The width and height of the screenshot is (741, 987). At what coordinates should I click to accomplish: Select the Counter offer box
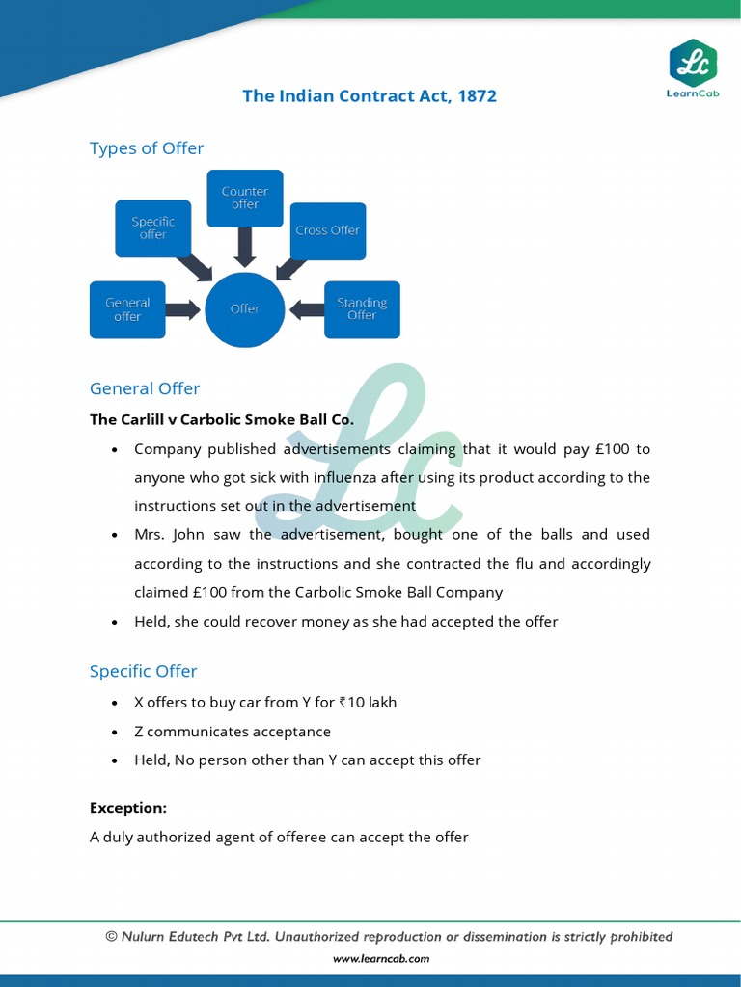245,198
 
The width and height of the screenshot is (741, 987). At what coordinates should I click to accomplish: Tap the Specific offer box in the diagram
152,228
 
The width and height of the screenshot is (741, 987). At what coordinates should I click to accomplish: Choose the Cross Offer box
327,230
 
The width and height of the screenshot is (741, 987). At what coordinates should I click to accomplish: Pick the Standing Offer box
362,309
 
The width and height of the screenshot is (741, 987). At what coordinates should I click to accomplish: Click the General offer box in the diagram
127,309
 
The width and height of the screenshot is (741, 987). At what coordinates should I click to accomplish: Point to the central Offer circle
245,309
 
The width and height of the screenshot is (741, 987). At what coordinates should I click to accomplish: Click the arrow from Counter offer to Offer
245,247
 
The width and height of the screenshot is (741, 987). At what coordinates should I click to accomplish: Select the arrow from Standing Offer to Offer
307,309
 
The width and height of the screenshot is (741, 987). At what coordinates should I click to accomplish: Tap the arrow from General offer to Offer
183,309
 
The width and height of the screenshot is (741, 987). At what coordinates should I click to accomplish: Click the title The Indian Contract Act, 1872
370,96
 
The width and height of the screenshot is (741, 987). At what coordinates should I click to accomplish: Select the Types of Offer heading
147,148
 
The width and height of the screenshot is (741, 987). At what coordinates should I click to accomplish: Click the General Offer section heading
145,388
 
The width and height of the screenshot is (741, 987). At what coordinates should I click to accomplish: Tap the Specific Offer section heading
143,671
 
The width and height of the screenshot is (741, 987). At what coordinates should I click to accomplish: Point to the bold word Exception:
128,808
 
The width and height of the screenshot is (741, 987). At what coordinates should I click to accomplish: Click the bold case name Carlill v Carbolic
222,419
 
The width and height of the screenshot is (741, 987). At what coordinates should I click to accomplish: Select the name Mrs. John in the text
164,534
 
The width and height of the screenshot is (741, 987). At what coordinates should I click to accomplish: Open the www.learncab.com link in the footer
381,959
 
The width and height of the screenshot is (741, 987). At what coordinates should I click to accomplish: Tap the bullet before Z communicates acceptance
115,733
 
